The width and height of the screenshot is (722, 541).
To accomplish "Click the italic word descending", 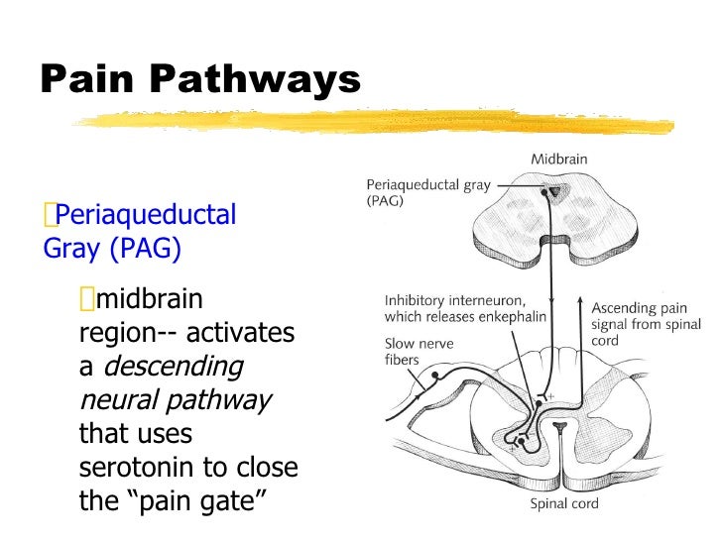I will point(173,367).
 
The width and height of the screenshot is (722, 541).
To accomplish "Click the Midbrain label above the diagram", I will point(558,159).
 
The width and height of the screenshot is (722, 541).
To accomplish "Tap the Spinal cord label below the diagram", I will point(563,504).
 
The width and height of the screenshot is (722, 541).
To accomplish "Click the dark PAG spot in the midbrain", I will point(556,191).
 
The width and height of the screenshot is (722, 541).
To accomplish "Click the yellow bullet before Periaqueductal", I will point(50,214).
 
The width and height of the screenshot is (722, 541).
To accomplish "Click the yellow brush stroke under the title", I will point(377,122).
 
